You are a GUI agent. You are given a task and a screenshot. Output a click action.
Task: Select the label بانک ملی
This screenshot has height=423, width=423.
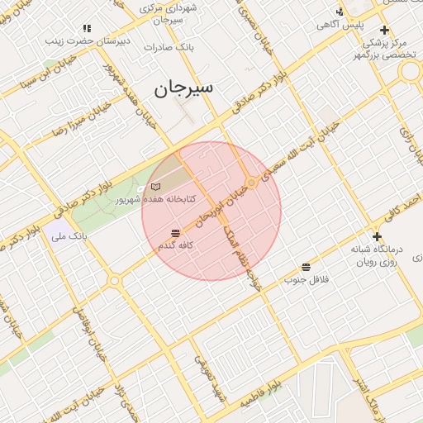pyautogui.click(x=69, y=237)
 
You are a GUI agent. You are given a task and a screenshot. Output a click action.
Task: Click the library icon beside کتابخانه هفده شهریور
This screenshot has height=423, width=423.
pyautogui.click(x=156, y=188)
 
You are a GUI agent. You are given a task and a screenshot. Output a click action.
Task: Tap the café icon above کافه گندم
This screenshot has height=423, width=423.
pyautogui.click(x=175, y=233)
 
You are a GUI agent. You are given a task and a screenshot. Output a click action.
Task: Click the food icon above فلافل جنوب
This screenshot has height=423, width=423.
pyautogui.click(x=307, y=267)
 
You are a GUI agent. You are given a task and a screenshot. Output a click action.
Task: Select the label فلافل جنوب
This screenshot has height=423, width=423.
pyautogui.click(x=307, y=280)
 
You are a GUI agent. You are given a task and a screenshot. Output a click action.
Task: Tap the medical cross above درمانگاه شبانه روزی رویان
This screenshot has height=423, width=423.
pyautogui.click(x=377, y=237)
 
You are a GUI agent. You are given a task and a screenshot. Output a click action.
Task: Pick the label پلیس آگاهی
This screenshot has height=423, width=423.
pyautogui.click(x=340, y=25)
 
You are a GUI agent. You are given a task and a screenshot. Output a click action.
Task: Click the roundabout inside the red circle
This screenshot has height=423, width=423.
pyautogui.click(x=251, y=182)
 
